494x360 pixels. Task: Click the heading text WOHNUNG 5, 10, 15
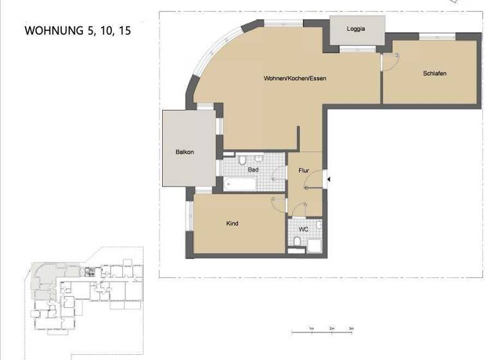[x=77, y=30]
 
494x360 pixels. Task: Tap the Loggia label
[x=356, y=30]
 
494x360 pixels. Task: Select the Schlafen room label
[x=434, y=73]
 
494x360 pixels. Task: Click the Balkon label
[x=185, y=152]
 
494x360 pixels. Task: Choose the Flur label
[x=304, y=171]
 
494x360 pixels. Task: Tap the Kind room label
[x=232, y=224]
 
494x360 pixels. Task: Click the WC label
[x=304, y=227]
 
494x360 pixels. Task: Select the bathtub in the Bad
[x=239, y=184]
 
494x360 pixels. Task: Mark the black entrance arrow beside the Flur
[x=326, y=179]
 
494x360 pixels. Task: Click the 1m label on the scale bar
[x=311, y=328]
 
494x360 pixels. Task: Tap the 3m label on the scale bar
[x=351, y=328]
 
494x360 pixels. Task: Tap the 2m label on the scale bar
[x=331, y=328]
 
